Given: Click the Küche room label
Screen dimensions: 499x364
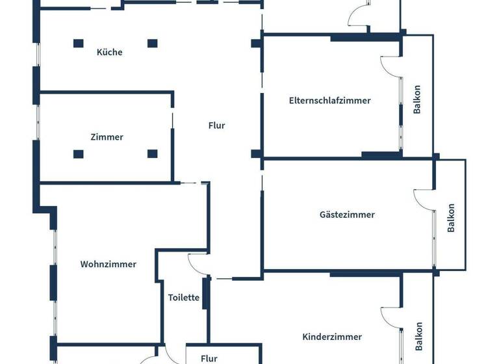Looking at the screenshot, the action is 109,52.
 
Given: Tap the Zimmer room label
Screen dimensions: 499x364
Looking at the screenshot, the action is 107,137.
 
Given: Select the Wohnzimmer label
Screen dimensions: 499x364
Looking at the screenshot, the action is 109,264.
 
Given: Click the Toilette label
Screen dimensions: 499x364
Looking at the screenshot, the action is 183,298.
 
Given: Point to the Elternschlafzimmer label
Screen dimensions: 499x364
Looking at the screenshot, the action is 329,100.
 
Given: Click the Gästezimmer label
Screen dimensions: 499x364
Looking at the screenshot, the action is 347,214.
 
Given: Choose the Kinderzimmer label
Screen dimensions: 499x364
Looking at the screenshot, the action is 332,337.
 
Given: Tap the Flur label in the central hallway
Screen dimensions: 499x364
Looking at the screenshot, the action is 217,125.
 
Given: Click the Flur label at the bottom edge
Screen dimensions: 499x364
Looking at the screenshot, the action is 209,358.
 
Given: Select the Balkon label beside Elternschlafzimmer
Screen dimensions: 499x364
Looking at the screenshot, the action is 417,99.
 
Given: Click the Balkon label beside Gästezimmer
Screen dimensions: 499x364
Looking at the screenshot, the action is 451,218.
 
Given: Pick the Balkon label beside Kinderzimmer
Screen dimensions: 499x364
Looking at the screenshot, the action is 418,337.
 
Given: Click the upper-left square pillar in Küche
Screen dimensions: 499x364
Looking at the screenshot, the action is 78,44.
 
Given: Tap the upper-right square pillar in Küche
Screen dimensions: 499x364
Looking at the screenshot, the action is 152,44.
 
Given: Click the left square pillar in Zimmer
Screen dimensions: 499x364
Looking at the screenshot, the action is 78,154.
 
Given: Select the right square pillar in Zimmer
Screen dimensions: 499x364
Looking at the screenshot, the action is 152,154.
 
